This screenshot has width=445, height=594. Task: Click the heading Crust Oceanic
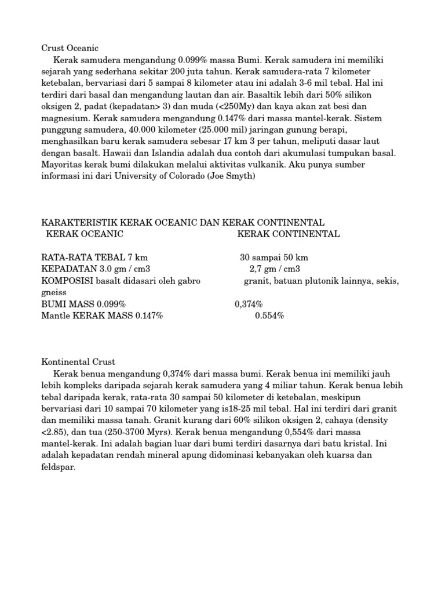click(x=70, y=48)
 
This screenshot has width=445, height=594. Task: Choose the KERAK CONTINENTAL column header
click(x=289, y=234)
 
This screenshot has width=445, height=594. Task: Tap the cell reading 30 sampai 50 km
click(x=274, y=258)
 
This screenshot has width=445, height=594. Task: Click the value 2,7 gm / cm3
click(x=275, y=269)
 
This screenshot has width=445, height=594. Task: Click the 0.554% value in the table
click(x=269, y=316)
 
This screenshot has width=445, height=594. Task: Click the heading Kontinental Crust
click(x=79, y=361)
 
